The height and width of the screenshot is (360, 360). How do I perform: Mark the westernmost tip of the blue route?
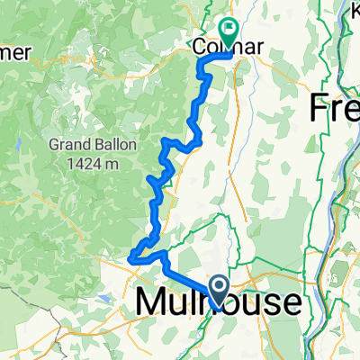tap(132, 258)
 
